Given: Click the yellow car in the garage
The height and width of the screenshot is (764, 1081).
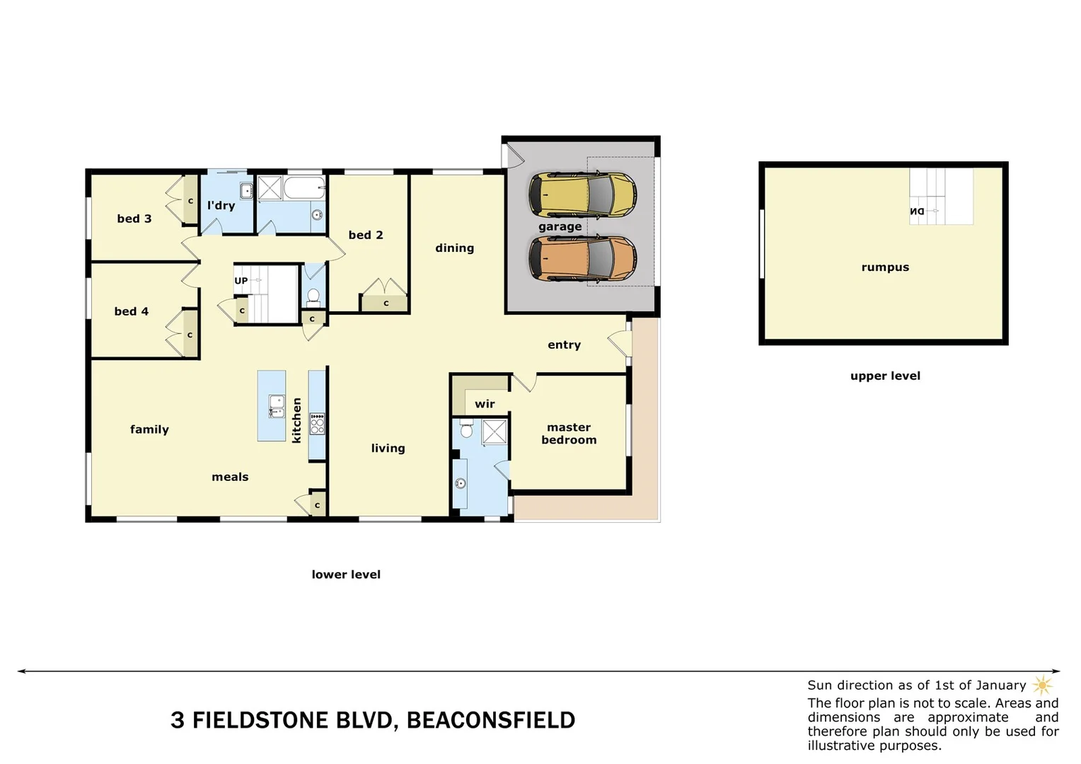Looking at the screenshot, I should (582, 195).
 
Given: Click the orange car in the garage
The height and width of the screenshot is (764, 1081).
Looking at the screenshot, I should (582, 259).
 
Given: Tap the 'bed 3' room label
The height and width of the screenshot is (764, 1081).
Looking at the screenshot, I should (134, 219).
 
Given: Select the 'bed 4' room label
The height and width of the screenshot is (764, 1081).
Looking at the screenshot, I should (132, 311).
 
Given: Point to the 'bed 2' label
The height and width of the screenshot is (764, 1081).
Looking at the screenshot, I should (366, 235).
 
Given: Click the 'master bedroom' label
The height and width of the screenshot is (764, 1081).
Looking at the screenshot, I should (569, 434).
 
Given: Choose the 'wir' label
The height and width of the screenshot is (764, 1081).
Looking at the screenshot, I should (485, 404).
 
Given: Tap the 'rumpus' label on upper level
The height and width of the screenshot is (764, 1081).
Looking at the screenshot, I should (885, 267).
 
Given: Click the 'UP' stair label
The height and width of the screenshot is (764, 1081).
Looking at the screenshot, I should (241, 281).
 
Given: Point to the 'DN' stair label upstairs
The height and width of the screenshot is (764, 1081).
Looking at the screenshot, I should (917, 212).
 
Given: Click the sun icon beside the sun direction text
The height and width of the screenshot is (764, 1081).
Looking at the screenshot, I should (1042, 685).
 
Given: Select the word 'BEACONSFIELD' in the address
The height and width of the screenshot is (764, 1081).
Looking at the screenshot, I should (490, 720).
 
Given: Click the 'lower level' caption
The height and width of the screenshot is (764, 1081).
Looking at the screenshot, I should (346, 574).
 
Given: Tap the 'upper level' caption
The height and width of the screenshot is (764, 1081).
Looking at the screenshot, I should (885, 376).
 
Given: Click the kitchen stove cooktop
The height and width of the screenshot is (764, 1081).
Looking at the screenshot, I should (317, 424).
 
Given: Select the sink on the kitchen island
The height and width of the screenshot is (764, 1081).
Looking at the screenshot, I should (277, 406).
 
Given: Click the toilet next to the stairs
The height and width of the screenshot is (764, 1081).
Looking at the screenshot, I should (313, 296).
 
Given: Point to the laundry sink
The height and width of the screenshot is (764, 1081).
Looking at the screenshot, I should (246, 191).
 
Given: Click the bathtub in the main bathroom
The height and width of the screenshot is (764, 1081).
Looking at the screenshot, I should (304, 189).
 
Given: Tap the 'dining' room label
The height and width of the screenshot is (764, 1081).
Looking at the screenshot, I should (454, 248).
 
